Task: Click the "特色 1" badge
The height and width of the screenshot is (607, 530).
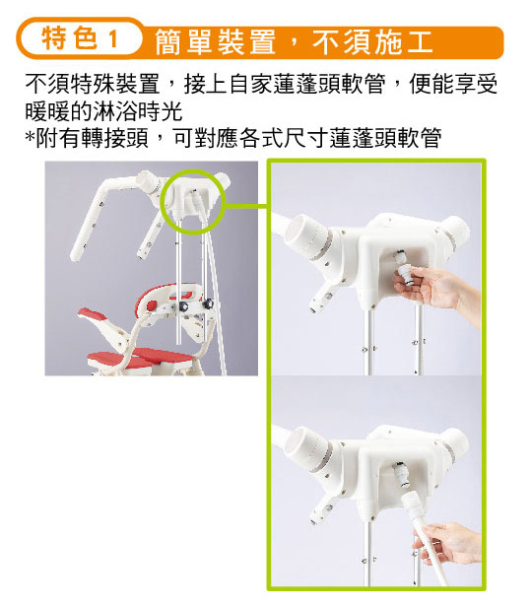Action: [80, 38]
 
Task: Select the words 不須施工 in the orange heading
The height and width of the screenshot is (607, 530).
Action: [372, 42]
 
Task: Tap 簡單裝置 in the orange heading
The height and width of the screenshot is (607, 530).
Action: [216, 42]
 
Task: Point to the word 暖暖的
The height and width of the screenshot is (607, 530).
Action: [59, 111]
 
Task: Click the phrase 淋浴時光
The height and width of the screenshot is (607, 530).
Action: [138, 111]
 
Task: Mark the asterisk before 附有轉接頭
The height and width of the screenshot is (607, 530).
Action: [30, 137]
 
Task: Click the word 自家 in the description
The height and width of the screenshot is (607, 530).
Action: [250, 84]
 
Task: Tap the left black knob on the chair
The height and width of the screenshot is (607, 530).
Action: [183, 307]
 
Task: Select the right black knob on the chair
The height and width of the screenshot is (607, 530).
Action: [210, 303]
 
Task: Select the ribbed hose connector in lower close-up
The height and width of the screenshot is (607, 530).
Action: [411, 506]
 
